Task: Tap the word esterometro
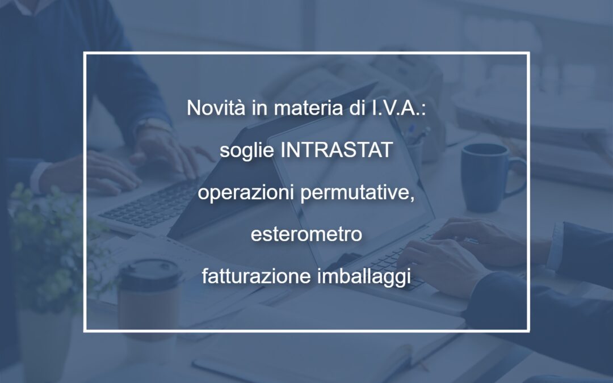pos(306,234)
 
